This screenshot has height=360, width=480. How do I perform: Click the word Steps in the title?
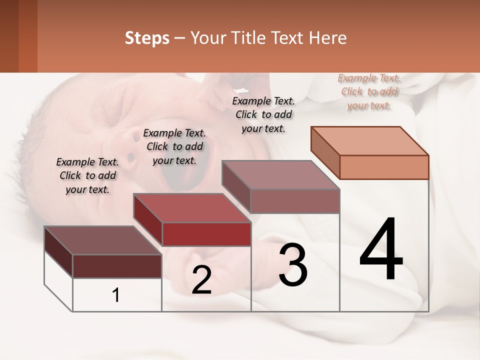[x=147, y=38]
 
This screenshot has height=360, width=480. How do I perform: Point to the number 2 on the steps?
[x=201, y=280]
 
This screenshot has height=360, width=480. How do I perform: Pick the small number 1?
[x=116, y=295]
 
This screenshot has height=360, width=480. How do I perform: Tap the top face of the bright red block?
[x=192, y=207]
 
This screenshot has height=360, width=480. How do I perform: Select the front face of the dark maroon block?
[x=117, y=266]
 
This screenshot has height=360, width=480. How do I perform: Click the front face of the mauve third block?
[x=295, y=201]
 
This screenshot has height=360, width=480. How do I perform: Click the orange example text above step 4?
[x=369, y=92]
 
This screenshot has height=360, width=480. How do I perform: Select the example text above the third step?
[x=263, y=114]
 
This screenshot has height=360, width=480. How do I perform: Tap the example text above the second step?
[x=174, y=146]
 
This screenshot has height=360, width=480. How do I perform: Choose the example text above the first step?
[x=87, y=175]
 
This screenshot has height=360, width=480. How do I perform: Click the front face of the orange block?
[x=384, y=167]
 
